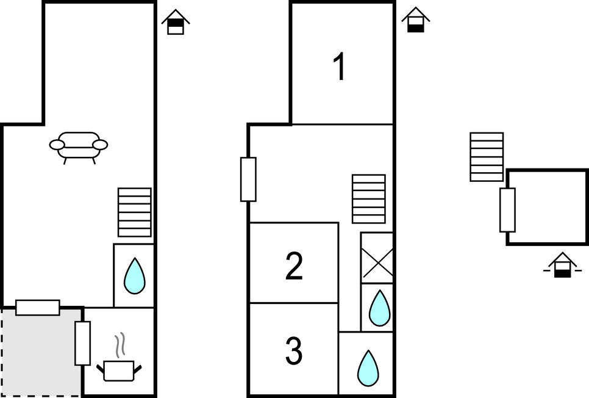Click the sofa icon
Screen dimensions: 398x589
click(x=79, y=147)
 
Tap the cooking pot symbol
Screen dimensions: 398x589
click(x=119, y=370)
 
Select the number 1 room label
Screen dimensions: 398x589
click(x=340, y=67)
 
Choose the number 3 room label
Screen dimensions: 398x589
click(x=294, y=351)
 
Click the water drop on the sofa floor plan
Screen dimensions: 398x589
click(x=134, y=277)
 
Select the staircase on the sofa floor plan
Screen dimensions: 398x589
click(x=135, y=212)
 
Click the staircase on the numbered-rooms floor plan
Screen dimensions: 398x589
click(x=369, y=199)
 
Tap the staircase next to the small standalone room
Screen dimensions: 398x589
click(x=487, y=157)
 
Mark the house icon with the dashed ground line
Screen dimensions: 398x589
click(x=562, y=266)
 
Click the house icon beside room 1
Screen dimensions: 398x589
click(x=415, y=20)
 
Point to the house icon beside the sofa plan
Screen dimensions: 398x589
click(x=176, y=22)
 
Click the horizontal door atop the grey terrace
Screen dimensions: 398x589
click(x=38, y=307)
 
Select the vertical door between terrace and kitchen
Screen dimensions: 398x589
click(x=82, y=343)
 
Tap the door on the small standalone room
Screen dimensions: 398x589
click(x=507, y=210)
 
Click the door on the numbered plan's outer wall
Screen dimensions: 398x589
click(x=248, y=179)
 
